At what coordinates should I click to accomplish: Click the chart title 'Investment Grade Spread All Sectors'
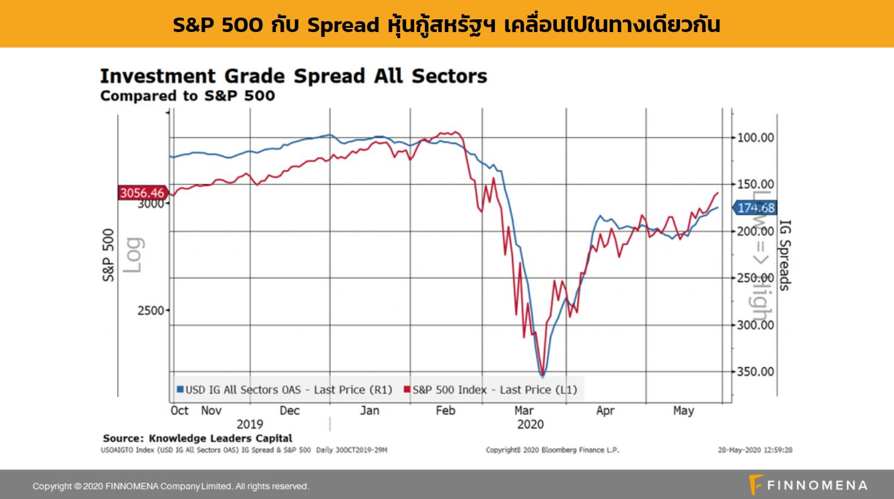point(293,77)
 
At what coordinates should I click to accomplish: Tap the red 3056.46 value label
point(141,193)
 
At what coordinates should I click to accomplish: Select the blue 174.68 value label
point(756,208)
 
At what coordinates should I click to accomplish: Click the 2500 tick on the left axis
point(151,310)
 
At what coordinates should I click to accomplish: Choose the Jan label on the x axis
point(369,411)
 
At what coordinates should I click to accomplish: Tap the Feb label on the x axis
point(445,411)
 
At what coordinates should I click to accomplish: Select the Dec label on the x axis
point(290,411)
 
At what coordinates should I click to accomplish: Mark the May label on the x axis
point(683,411)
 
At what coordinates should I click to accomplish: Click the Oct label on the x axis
point(180,411)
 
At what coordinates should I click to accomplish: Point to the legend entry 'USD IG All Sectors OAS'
point(284,390)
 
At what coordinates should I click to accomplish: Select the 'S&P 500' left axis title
point(108,255)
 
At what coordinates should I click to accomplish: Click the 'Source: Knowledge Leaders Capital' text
point(197,438)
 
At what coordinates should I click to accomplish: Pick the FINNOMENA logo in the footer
point(808,486)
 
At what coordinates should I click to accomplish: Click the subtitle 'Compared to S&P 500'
point(187,96)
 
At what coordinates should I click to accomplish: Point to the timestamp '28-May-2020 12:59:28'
point(755,450)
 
